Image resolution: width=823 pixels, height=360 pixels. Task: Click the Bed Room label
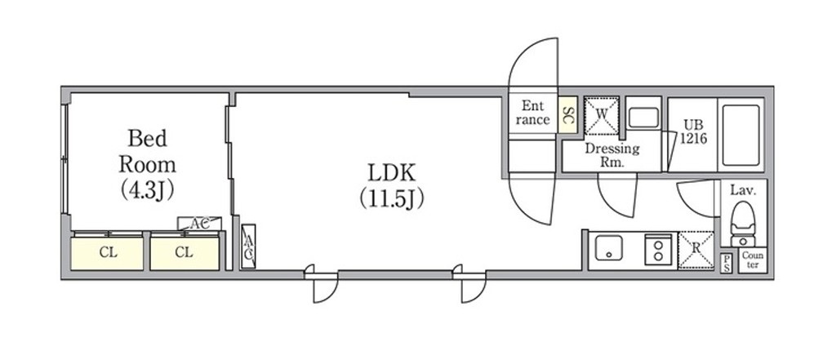click(x=147, y=152)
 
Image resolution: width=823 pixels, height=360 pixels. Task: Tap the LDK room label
click(x=392, y=172)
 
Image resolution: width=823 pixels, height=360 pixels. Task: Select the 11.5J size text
click(x=392, y=199)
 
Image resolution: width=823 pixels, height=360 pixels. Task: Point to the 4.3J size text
click(x=147, y=190)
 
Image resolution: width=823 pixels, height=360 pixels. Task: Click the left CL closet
click(x=107, y=253)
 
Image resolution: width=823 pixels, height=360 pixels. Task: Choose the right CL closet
click(x=185, y=253)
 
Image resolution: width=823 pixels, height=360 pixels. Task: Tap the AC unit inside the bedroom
click(x=199, y=224)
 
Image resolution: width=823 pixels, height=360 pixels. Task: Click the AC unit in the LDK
click(x=249, y=247)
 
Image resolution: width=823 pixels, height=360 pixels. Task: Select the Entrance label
click(x=532, y=113)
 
